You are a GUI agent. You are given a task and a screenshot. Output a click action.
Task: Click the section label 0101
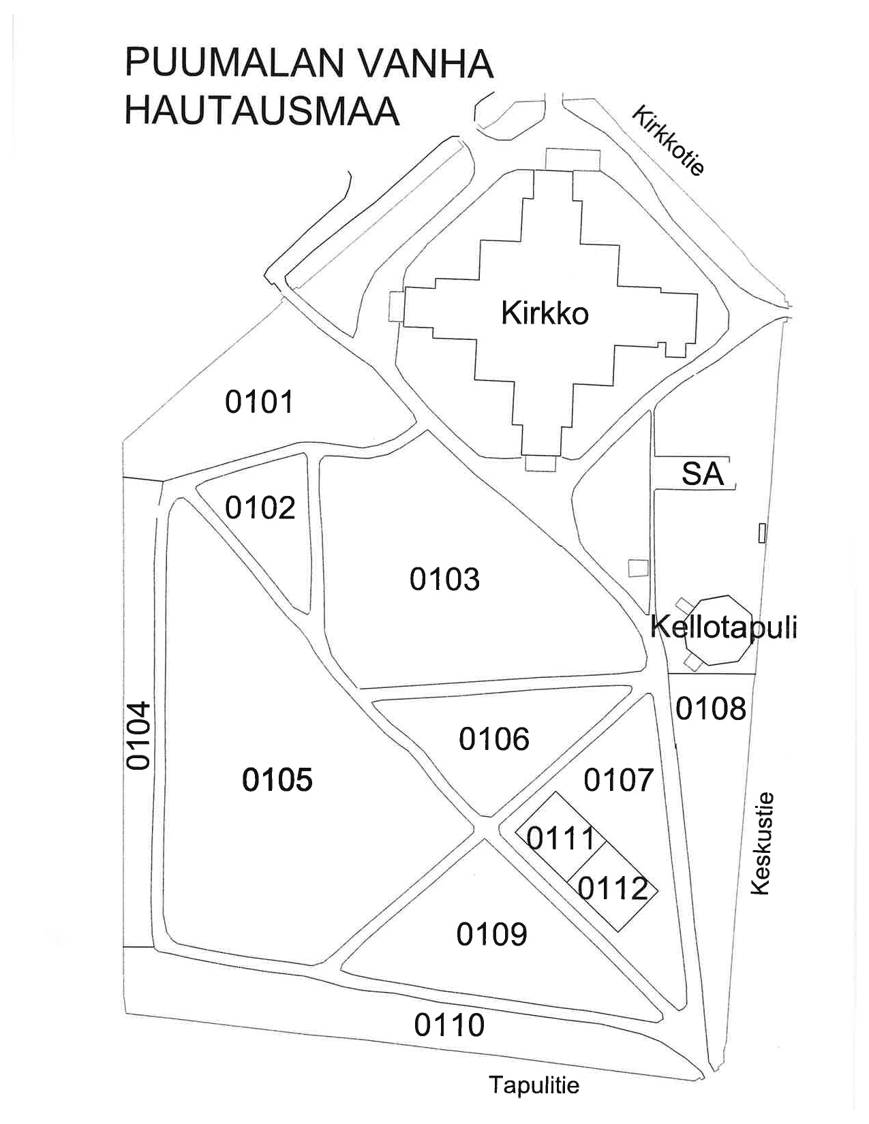259,402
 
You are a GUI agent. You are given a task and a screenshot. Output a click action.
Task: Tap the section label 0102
260,508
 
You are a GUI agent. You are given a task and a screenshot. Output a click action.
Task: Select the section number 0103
444,579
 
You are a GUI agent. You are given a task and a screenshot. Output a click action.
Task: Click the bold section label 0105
277,779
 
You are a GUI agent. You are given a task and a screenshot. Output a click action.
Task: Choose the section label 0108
711,708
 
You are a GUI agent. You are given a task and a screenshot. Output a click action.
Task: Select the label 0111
561,838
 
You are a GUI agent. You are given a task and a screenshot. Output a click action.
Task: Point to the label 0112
613,888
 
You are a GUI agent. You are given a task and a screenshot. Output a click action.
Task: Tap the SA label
702,473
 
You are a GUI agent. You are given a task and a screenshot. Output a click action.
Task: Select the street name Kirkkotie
668,141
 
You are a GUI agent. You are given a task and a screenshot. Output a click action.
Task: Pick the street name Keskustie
762,843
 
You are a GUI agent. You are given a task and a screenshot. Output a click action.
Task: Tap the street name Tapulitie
534,1084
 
